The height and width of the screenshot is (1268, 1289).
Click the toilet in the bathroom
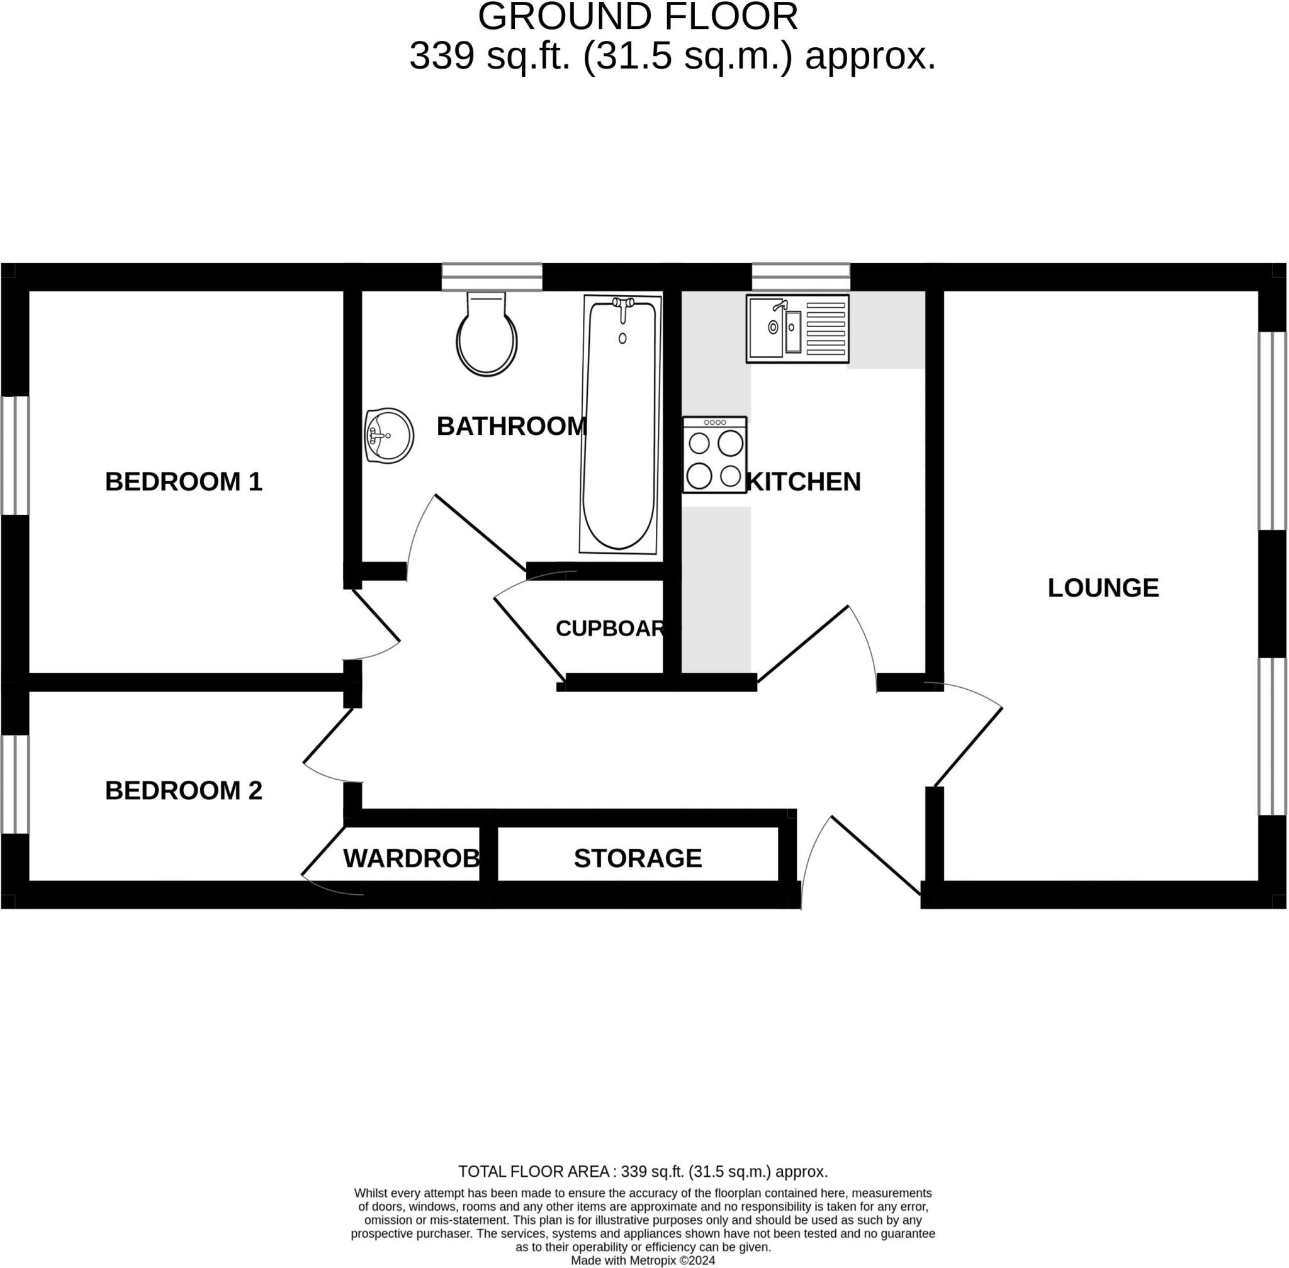(487, 335)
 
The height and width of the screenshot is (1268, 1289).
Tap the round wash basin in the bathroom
(389, 435)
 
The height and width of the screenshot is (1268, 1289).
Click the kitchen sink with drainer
(797, 329)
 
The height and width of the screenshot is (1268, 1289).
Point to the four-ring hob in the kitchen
(714, 455)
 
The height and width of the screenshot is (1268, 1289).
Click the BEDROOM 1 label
(183, 482)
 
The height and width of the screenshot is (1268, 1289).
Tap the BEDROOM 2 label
(183, 790)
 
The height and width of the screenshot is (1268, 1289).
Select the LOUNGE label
(1103, 588)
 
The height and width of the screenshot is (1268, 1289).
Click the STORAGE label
(638, 858)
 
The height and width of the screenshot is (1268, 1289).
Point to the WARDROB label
(411, 858)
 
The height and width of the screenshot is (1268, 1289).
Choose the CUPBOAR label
(610, 629)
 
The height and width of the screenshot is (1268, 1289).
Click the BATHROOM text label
(511, 426)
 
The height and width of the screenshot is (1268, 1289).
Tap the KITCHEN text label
(803, 482)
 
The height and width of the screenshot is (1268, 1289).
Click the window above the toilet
(492, 277)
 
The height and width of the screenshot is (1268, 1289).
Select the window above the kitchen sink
(801, 277)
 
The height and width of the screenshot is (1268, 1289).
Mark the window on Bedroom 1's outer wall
(14, 456)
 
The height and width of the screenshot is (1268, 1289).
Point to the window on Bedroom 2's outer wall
(14, 784)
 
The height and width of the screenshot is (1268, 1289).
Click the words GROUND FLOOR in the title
(638, 18)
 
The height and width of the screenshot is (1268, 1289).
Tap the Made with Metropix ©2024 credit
(643, 1260)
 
